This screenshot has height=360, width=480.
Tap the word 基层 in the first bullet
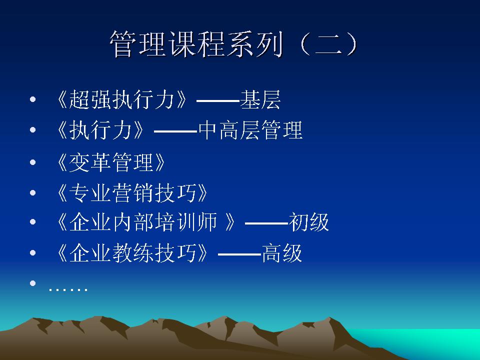(260, 99)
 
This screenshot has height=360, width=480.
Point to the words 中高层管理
(250, 130)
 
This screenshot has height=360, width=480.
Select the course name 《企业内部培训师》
(146, 222)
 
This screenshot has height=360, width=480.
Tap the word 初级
(308, 222)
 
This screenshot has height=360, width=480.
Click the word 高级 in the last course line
(282, 253)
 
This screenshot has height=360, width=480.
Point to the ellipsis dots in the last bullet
(68, 288)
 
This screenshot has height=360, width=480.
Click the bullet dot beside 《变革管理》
(33, 162)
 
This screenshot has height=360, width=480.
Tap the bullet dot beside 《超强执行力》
(33, 99)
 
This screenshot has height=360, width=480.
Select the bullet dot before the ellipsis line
(33, 283)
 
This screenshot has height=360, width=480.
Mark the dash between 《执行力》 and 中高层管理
(175, 131)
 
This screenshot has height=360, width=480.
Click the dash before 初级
(266, 223)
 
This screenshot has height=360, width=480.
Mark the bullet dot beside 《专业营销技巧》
(33, 192)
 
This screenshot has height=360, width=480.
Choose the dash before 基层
(217, 100)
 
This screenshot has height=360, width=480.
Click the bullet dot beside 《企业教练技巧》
(33, 253)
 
